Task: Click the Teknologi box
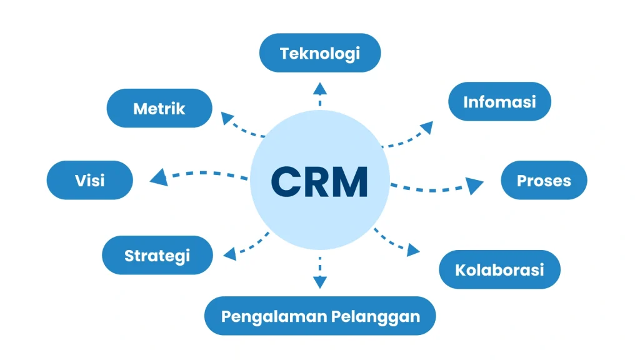pos(320,53)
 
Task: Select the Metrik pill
pos(159,108)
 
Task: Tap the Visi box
pos(90,181)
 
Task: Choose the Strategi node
pos(157,255)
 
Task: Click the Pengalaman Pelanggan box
pos(320,316)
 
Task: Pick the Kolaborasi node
pos(499,269)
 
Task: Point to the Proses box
pos(544,181)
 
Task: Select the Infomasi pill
pos(499,101)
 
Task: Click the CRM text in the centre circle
pos(319,182)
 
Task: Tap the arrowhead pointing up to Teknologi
pos(320,87)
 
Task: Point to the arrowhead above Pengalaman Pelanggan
pos(320,282)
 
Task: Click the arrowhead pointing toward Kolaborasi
pos(413,250)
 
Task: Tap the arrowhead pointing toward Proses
pos(476,185)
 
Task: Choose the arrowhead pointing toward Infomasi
pos(426,127)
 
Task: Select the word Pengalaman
pos(266,316)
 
